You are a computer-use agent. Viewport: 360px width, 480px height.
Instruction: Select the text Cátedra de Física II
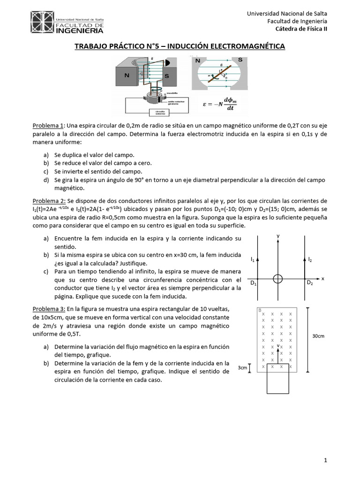[301, 29]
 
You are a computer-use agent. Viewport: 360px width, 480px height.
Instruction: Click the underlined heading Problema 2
[48, 201]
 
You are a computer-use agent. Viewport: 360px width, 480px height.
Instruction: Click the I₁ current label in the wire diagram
[253, 259]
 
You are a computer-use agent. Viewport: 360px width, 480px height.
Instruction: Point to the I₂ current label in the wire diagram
[310, 259]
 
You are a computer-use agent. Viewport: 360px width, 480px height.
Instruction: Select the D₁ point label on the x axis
[253, 283]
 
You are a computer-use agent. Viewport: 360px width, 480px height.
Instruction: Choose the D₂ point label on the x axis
[310, 283]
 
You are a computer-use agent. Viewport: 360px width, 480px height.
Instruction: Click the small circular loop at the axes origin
[278, 278]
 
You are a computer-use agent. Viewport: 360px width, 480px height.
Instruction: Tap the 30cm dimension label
[319, 336]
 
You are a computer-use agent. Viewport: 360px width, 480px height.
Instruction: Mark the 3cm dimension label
[242, 367]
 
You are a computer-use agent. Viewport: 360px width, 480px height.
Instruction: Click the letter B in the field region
[260, 310]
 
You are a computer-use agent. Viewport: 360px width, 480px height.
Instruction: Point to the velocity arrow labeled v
[278, 352]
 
